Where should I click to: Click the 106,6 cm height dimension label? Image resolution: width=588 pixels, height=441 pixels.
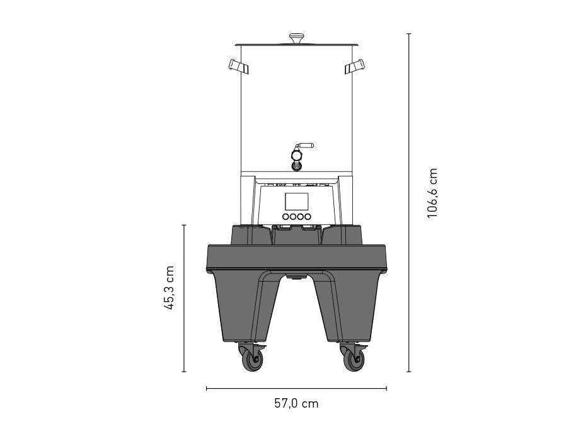432,193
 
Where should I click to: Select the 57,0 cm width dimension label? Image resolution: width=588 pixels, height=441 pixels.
296,403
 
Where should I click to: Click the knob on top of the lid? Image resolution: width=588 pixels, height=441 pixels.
297,38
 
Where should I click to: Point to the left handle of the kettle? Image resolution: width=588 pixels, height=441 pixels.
238,66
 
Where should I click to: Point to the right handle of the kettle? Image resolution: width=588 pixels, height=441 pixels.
355,66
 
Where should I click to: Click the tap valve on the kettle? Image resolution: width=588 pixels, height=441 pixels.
297,158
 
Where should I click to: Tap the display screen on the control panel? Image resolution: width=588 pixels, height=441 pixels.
297,202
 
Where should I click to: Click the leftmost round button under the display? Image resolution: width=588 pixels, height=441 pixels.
285,216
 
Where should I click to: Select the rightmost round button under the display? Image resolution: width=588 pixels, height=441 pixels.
308,216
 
